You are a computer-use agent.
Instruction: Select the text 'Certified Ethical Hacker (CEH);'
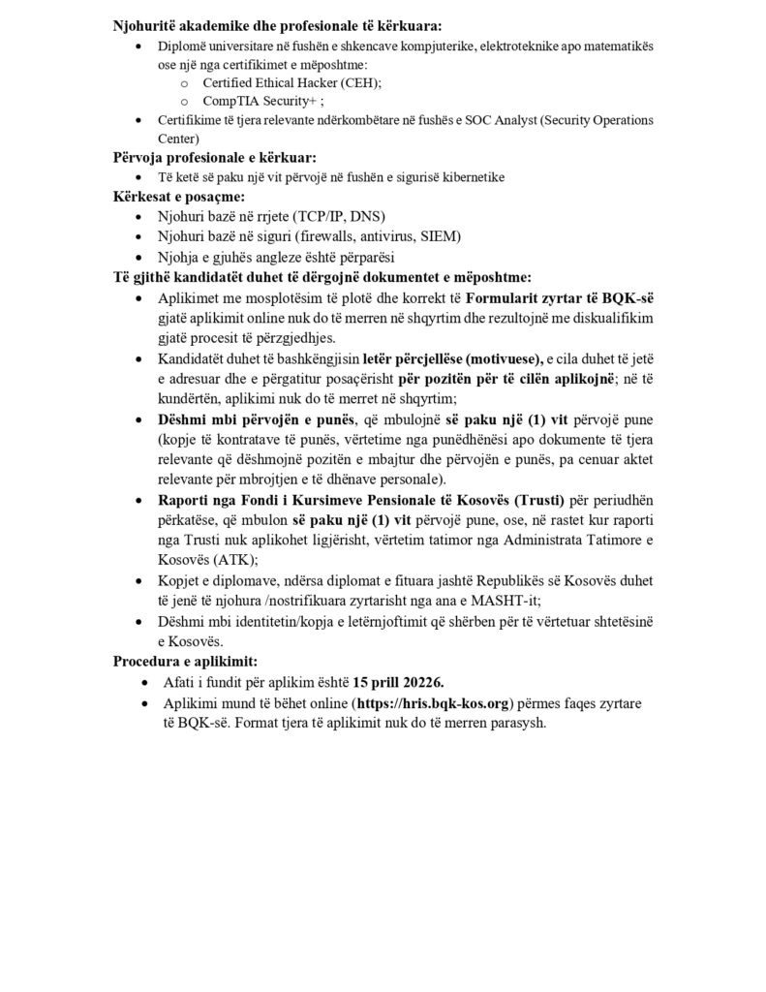(292, 82)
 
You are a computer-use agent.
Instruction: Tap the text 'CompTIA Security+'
(260, 101)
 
